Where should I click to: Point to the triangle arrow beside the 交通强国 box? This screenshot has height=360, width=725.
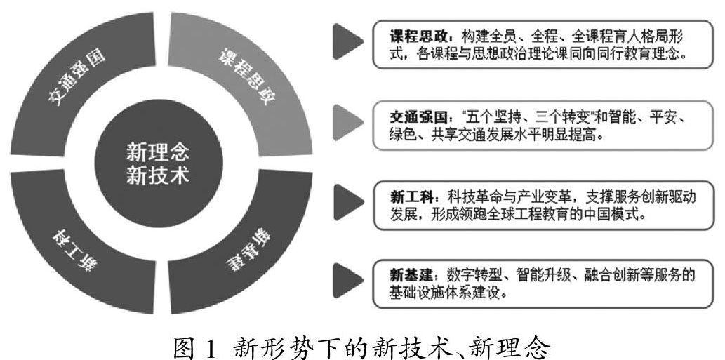click(x=348, y=121)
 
